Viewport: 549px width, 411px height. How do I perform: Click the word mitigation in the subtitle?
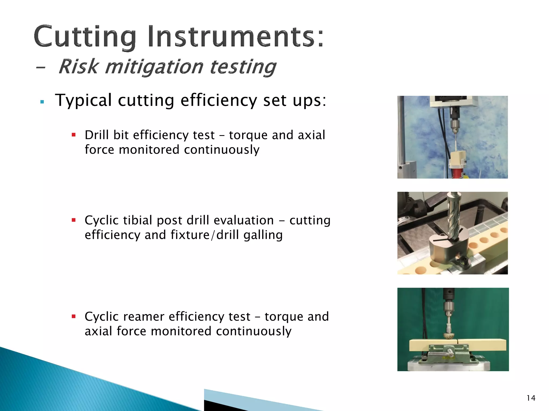coord(154,67)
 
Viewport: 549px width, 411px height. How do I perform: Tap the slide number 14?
coord(531,398)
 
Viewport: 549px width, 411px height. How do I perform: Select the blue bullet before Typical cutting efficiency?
coord(42,102)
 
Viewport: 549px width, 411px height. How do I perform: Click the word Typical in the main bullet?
coord(83,100)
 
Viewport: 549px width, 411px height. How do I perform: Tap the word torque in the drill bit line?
coord(248,135)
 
